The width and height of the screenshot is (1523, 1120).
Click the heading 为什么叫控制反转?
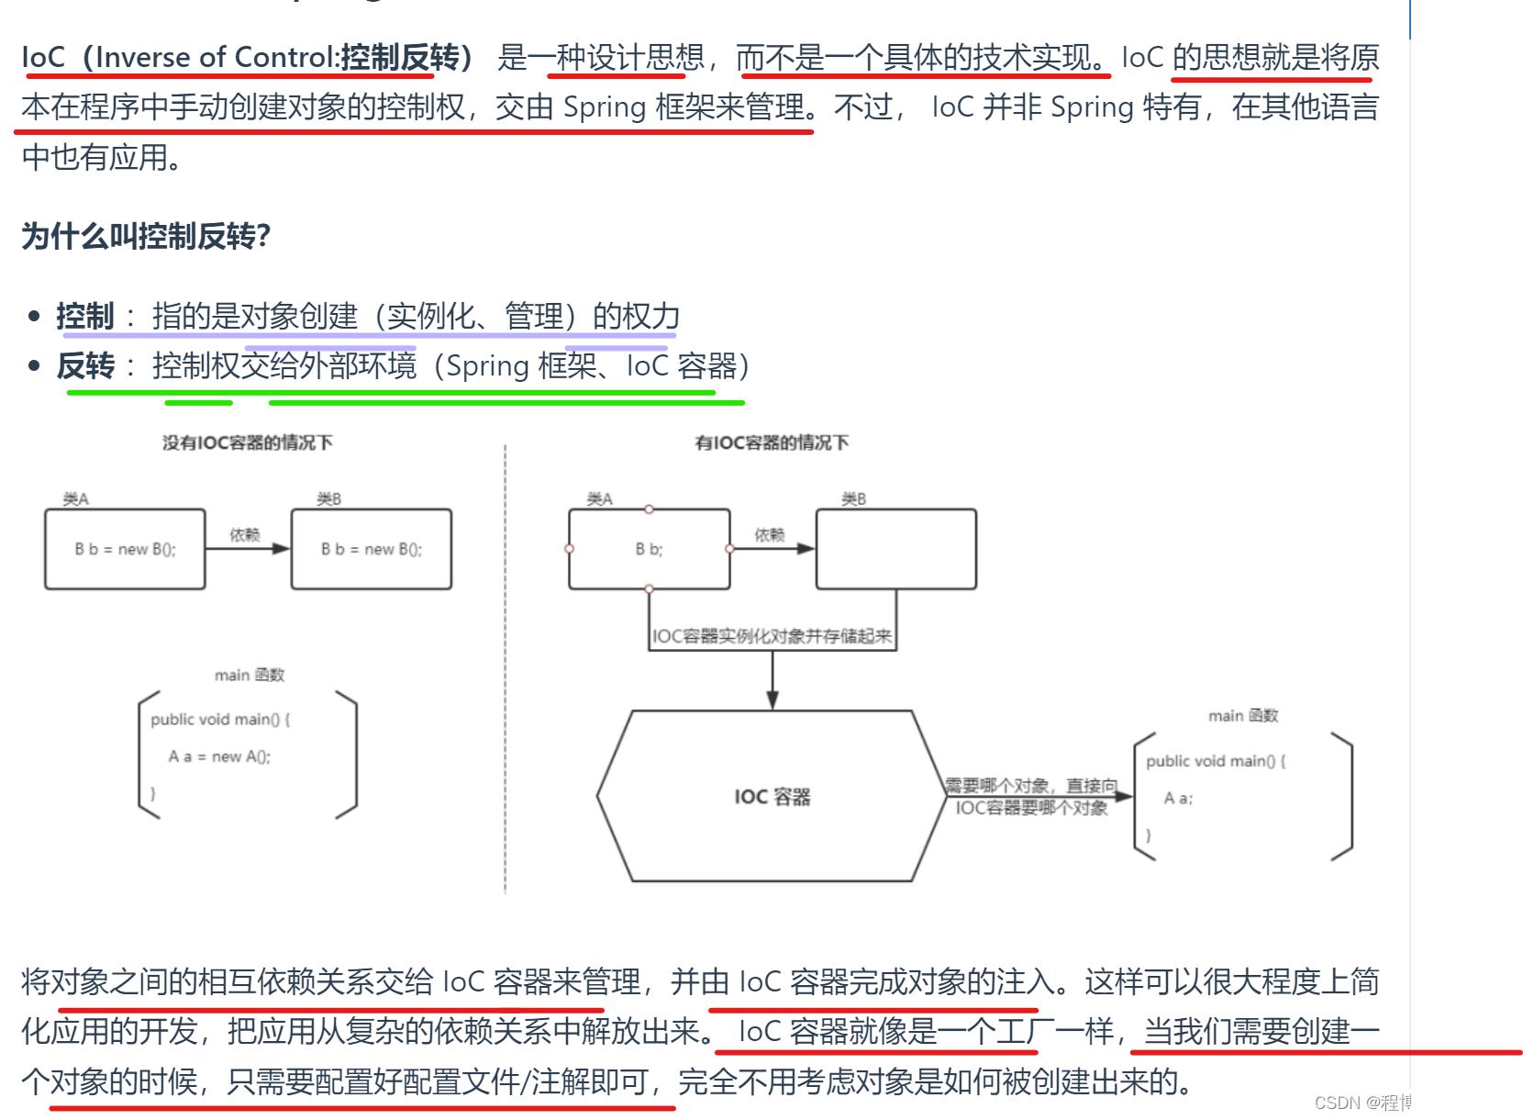pos(146,237)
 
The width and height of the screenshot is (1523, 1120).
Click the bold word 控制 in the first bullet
pos(85,317)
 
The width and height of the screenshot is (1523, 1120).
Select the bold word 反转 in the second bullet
pos(85,366)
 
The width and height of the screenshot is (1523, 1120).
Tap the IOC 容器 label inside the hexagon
pos(773,797)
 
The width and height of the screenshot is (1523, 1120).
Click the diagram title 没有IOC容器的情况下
pos(248,442)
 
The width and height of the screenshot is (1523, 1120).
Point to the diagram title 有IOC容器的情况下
pos(772,442)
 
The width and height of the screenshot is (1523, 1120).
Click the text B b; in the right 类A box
pos(649,549)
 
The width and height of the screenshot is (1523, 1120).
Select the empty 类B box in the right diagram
pos(895,549)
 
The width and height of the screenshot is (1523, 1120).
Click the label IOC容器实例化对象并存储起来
pos(772,636)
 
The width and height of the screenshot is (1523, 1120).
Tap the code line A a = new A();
pos(219,756)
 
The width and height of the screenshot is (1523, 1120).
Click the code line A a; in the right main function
pos(1178,799)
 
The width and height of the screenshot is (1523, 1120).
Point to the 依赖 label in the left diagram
pos(245,534)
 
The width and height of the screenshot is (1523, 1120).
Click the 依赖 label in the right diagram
pos(770,534)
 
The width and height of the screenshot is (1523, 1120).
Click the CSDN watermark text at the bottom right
pos(1410,1102)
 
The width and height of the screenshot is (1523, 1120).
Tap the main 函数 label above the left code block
pos(250,675)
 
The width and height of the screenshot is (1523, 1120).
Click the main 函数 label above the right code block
pos(1243,715)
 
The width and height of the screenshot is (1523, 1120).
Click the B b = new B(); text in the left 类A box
pos(125,549)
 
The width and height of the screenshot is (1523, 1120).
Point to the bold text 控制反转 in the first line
pos(400,57)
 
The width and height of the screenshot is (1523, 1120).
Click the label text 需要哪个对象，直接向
pos(1031,786)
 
